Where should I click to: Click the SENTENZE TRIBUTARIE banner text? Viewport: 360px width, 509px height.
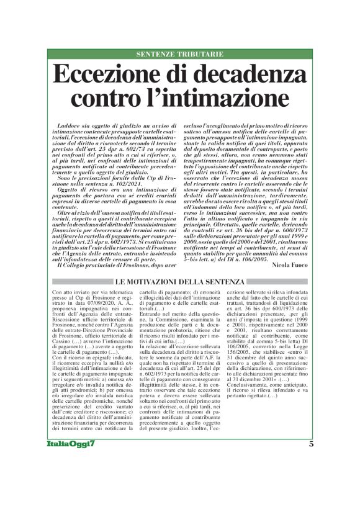179,55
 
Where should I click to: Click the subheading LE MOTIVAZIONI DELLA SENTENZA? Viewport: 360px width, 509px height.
179,282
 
